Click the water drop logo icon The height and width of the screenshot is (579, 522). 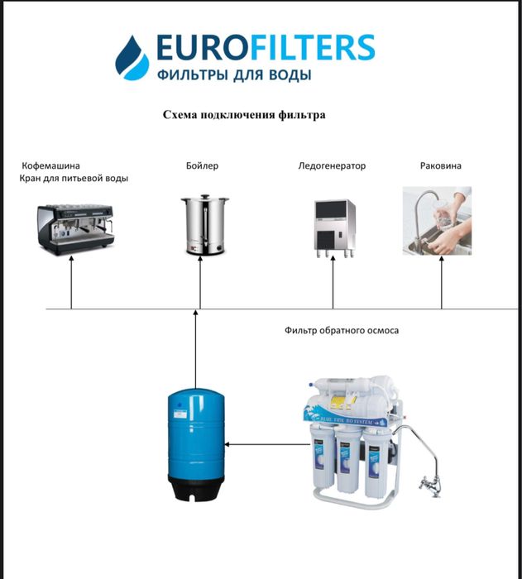132,58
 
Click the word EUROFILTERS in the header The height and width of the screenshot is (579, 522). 266,47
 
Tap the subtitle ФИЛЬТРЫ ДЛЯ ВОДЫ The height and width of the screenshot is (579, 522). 234,75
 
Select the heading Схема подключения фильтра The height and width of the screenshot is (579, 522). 244,115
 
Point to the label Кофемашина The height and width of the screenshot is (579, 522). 50,165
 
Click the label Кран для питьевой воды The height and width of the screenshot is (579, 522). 74,179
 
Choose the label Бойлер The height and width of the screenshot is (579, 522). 202,165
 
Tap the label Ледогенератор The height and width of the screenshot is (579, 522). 332,165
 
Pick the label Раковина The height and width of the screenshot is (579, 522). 441,165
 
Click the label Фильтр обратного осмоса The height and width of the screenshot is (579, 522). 342,330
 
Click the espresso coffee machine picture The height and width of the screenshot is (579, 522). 76,229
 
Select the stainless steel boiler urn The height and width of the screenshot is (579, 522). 205,225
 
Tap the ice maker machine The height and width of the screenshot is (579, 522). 335,228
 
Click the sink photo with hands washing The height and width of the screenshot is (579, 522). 437,221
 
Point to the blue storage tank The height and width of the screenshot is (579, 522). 196,444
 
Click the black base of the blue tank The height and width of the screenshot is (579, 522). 196,488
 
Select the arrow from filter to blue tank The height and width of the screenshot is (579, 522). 267,444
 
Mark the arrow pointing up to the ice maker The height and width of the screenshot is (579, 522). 333,283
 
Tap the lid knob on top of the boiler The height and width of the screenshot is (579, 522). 205,197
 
